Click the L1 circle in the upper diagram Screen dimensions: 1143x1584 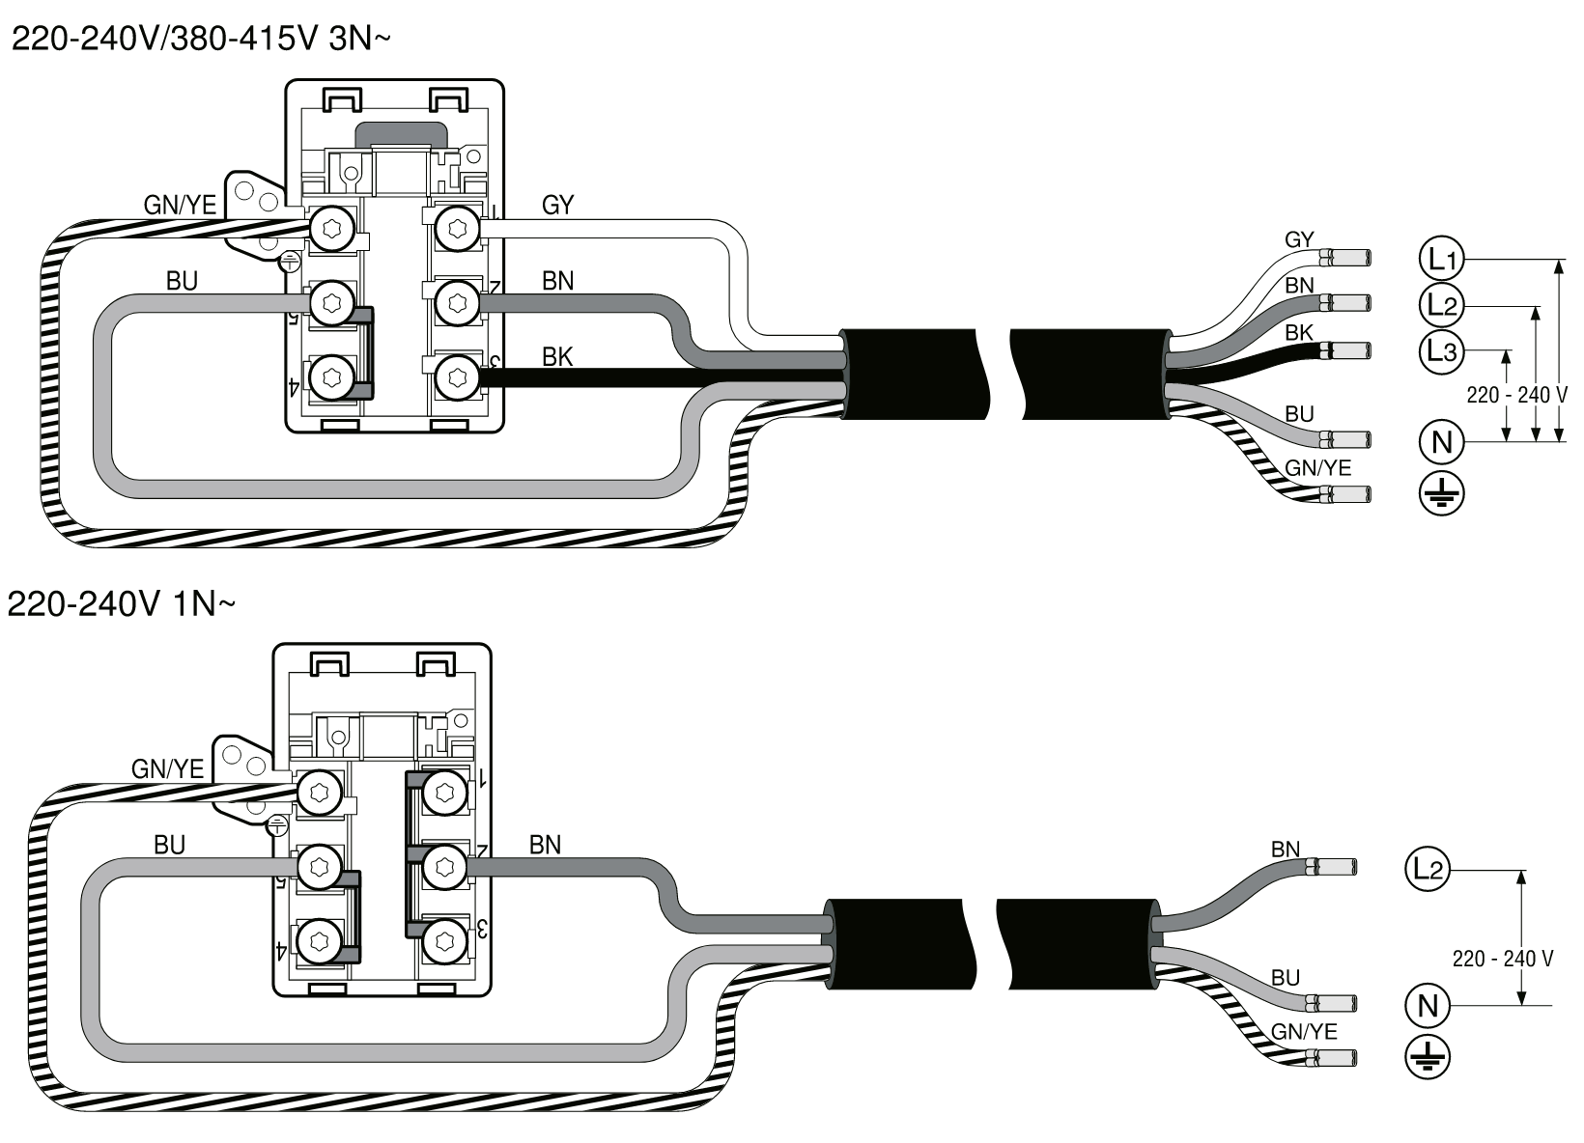click(x=1441, y=259)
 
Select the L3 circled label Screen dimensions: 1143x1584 click(x=1441, y=350)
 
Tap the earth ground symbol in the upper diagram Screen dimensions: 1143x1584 click(x=1441, y=494)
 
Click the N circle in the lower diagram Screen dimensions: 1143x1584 click(x=1428, y=1006)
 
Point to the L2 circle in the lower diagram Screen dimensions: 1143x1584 click(x=1428, y=870)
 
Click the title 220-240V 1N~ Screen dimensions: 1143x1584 click(x=121, y=604)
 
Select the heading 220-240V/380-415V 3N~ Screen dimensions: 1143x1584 click(x=201, y=41)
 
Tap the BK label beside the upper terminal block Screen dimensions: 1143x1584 click(x=557, y=357)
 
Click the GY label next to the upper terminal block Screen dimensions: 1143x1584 click(x=557, y=205)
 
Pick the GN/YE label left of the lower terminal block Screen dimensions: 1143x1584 click(x=168, y=768)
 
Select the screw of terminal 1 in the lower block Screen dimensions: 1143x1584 click(x=443, y=794)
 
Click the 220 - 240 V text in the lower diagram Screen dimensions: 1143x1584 click(x=1502, y=959)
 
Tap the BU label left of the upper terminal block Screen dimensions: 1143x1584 click(x=182, y=281)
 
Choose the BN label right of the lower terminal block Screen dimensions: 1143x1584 click(x=545, y=845)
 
